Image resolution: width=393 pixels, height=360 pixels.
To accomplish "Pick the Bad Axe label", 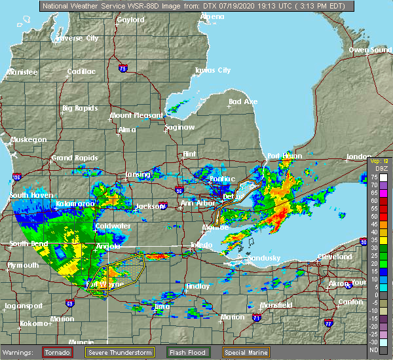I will click(242, 101).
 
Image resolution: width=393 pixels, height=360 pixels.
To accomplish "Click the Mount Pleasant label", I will click(136, 115).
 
